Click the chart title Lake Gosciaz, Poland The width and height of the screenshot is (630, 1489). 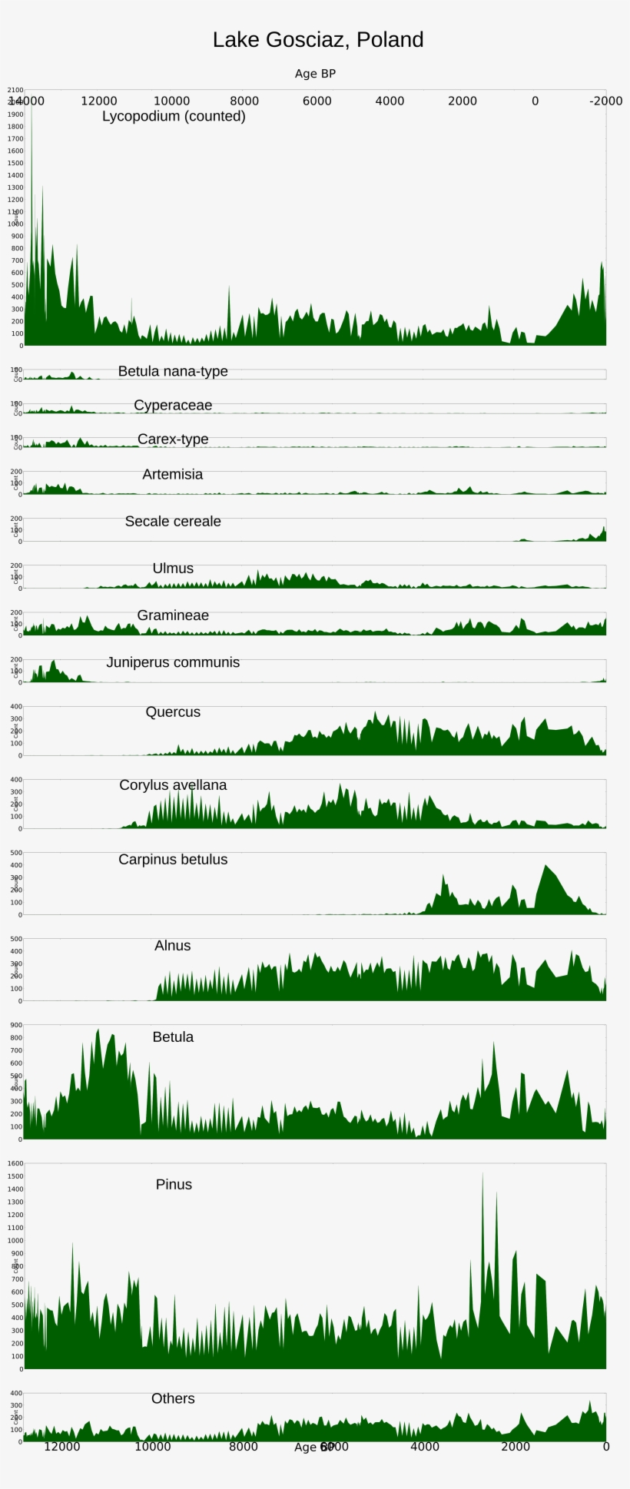tap(318, 40)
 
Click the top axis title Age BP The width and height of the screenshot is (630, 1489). tap(315, 74)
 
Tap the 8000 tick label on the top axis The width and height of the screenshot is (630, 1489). tap(244, 101)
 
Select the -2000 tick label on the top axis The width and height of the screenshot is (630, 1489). tap(605, 101)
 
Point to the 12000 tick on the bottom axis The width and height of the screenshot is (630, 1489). tap(62, 1447)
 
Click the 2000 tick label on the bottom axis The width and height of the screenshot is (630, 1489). tap(516, 1447)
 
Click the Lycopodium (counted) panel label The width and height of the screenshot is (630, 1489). tap(174, 116)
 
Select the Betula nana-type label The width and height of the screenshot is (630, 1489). tap(173, 371)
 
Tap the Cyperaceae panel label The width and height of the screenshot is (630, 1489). tap(173, 405)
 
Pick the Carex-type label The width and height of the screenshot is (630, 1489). tap(173, 439)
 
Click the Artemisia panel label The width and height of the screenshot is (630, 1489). tap(173, 474)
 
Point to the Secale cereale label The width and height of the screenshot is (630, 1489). tap(173, 521)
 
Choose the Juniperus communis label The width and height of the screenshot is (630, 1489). tap(173, 662)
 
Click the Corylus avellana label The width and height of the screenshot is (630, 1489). tap(173, 784)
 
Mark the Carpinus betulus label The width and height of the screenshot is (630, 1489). tap(173, 859)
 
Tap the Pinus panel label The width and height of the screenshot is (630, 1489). tap(174, 1184)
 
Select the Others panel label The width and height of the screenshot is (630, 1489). tap(173, 1398)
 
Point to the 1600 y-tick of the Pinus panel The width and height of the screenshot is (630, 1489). tap(15, 1163)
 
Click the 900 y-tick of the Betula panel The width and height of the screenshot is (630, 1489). tap(15, 1025)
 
